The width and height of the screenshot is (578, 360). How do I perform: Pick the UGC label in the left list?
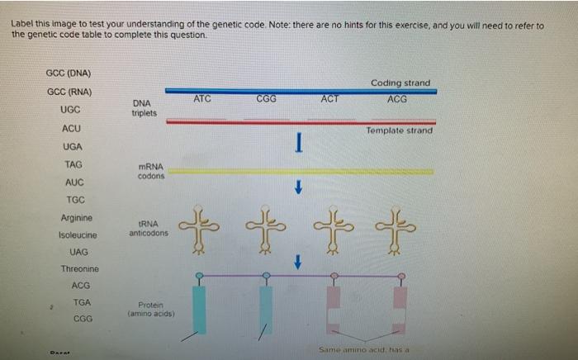(70, 110)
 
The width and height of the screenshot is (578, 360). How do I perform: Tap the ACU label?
(71, 129)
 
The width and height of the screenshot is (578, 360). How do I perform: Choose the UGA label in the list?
(72, 147)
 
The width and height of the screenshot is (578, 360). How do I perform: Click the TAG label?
(73, 164)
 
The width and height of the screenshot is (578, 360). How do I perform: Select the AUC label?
(73, 182)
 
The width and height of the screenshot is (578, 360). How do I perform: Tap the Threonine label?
(79, 269)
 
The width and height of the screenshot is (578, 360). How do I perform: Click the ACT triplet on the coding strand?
(329, 99)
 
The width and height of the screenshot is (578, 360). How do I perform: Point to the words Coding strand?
(400, 83)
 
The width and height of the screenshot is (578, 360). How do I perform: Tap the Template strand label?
(400, 130)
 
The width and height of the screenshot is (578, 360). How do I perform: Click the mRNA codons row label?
(151, 172)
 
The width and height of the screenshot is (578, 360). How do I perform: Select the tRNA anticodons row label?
(149, 228)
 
